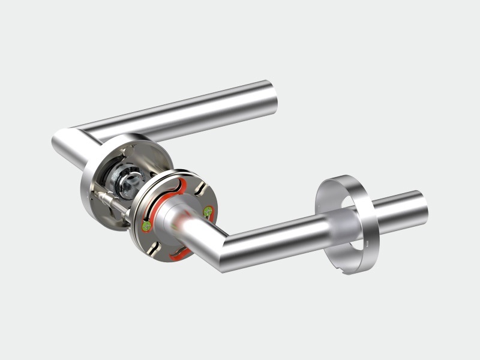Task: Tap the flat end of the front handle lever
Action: coord(422,207)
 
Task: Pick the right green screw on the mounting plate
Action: coord(208,211)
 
